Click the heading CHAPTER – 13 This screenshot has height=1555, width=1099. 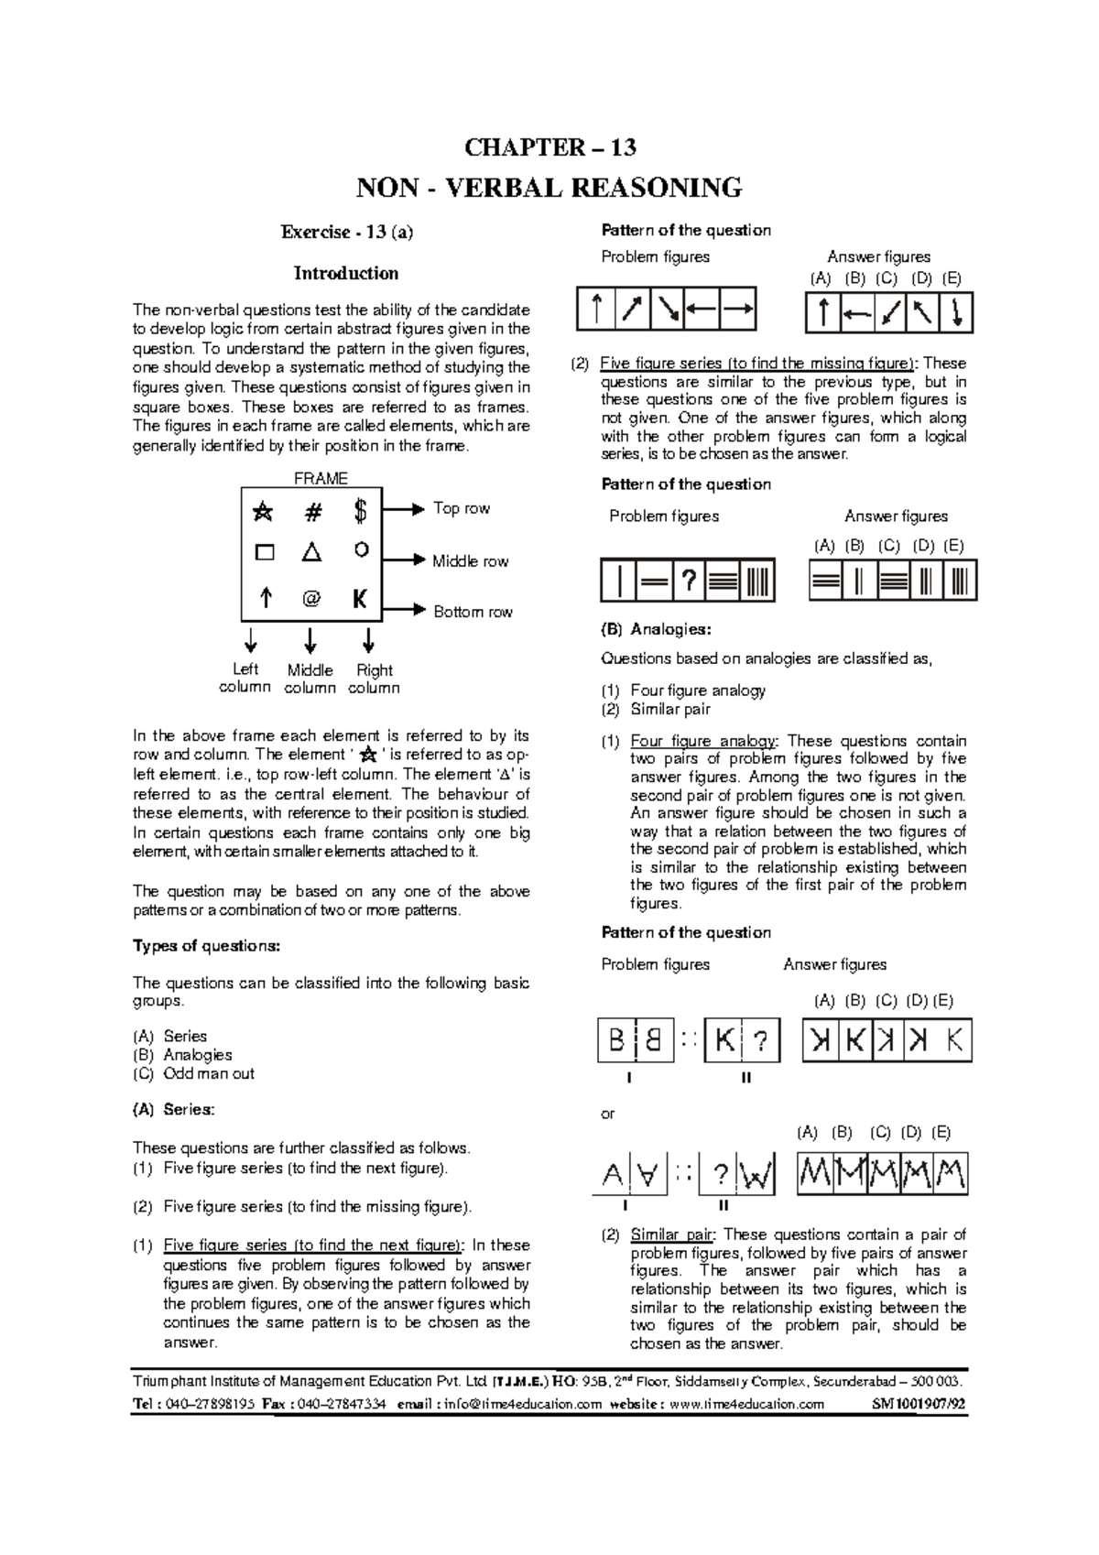coord(549,147)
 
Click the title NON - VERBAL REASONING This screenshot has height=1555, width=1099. coord(549,188)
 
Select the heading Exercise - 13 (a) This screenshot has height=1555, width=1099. coord(346,232)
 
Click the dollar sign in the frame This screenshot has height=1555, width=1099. coord(360,512)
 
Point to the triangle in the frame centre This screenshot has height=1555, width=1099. coord(311,552)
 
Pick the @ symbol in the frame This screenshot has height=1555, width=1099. coord(311,599)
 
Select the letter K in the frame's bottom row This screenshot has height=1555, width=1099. coord(360,599)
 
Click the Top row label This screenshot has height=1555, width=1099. coord(461,508)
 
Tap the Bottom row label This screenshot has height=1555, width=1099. coord(473,612)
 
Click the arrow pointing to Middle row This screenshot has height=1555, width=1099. coord(404,559)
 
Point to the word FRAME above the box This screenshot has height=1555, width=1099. coord(320,478)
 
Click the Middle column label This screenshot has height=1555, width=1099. coord(310,679)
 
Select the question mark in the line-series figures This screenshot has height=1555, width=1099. coord(688,581)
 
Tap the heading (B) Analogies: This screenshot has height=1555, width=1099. coord(655,630)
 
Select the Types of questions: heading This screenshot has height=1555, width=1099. coord(206,946)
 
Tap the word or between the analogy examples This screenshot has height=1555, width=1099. coord(607,1114)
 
